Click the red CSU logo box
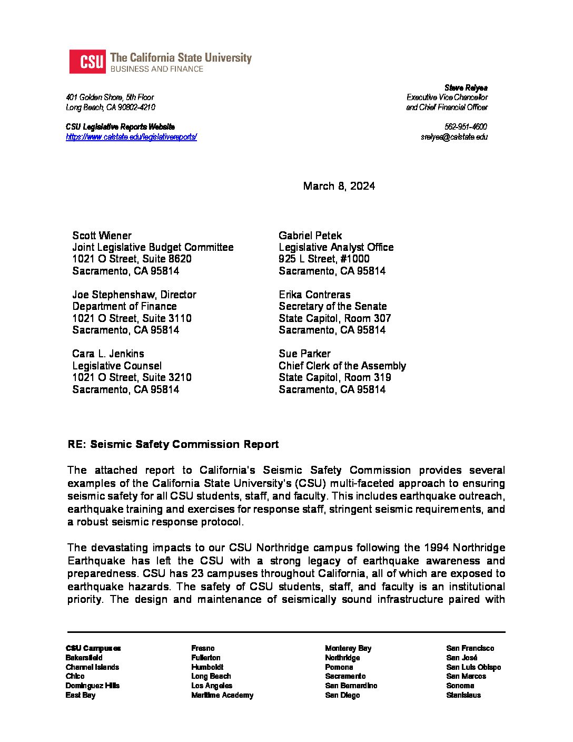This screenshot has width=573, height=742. (x=87, y=62)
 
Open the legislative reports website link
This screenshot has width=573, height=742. (x=131, y=137)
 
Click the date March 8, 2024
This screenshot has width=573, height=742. (x=339, y=186)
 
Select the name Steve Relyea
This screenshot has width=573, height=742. (x=466, y=87)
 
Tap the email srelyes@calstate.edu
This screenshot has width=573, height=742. (x=454, y=137)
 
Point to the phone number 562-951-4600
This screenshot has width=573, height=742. (x=466, y=127)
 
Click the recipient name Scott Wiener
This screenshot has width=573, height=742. (x=102, y=236)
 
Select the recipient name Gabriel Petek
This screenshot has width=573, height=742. (x=310, y=236)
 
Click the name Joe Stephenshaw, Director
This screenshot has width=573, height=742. (x=134, y=295)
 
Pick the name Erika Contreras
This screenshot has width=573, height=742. (x=314, y=295)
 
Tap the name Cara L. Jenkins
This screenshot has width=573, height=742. (x=108, y=354)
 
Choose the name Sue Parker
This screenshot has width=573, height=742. (x=304, y=354)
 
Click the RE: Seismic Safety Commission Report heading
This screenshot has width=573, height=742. (x=173, y=444)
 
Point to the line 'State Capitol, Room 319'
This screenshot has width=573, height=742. (x=334, y=377)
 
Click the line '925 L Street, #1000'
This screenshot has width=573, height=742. (x=324, y=259)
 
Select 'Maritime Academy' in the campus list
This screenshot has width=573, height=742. (x=222, y=695)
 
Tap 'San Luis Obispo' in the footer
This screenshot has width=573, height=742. (x=473, y=667)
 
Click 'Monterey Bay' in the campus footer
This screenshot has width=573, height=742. (x=348, y=648)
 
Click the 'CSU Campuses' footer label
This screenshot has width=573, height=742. (x=93, y=648)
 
